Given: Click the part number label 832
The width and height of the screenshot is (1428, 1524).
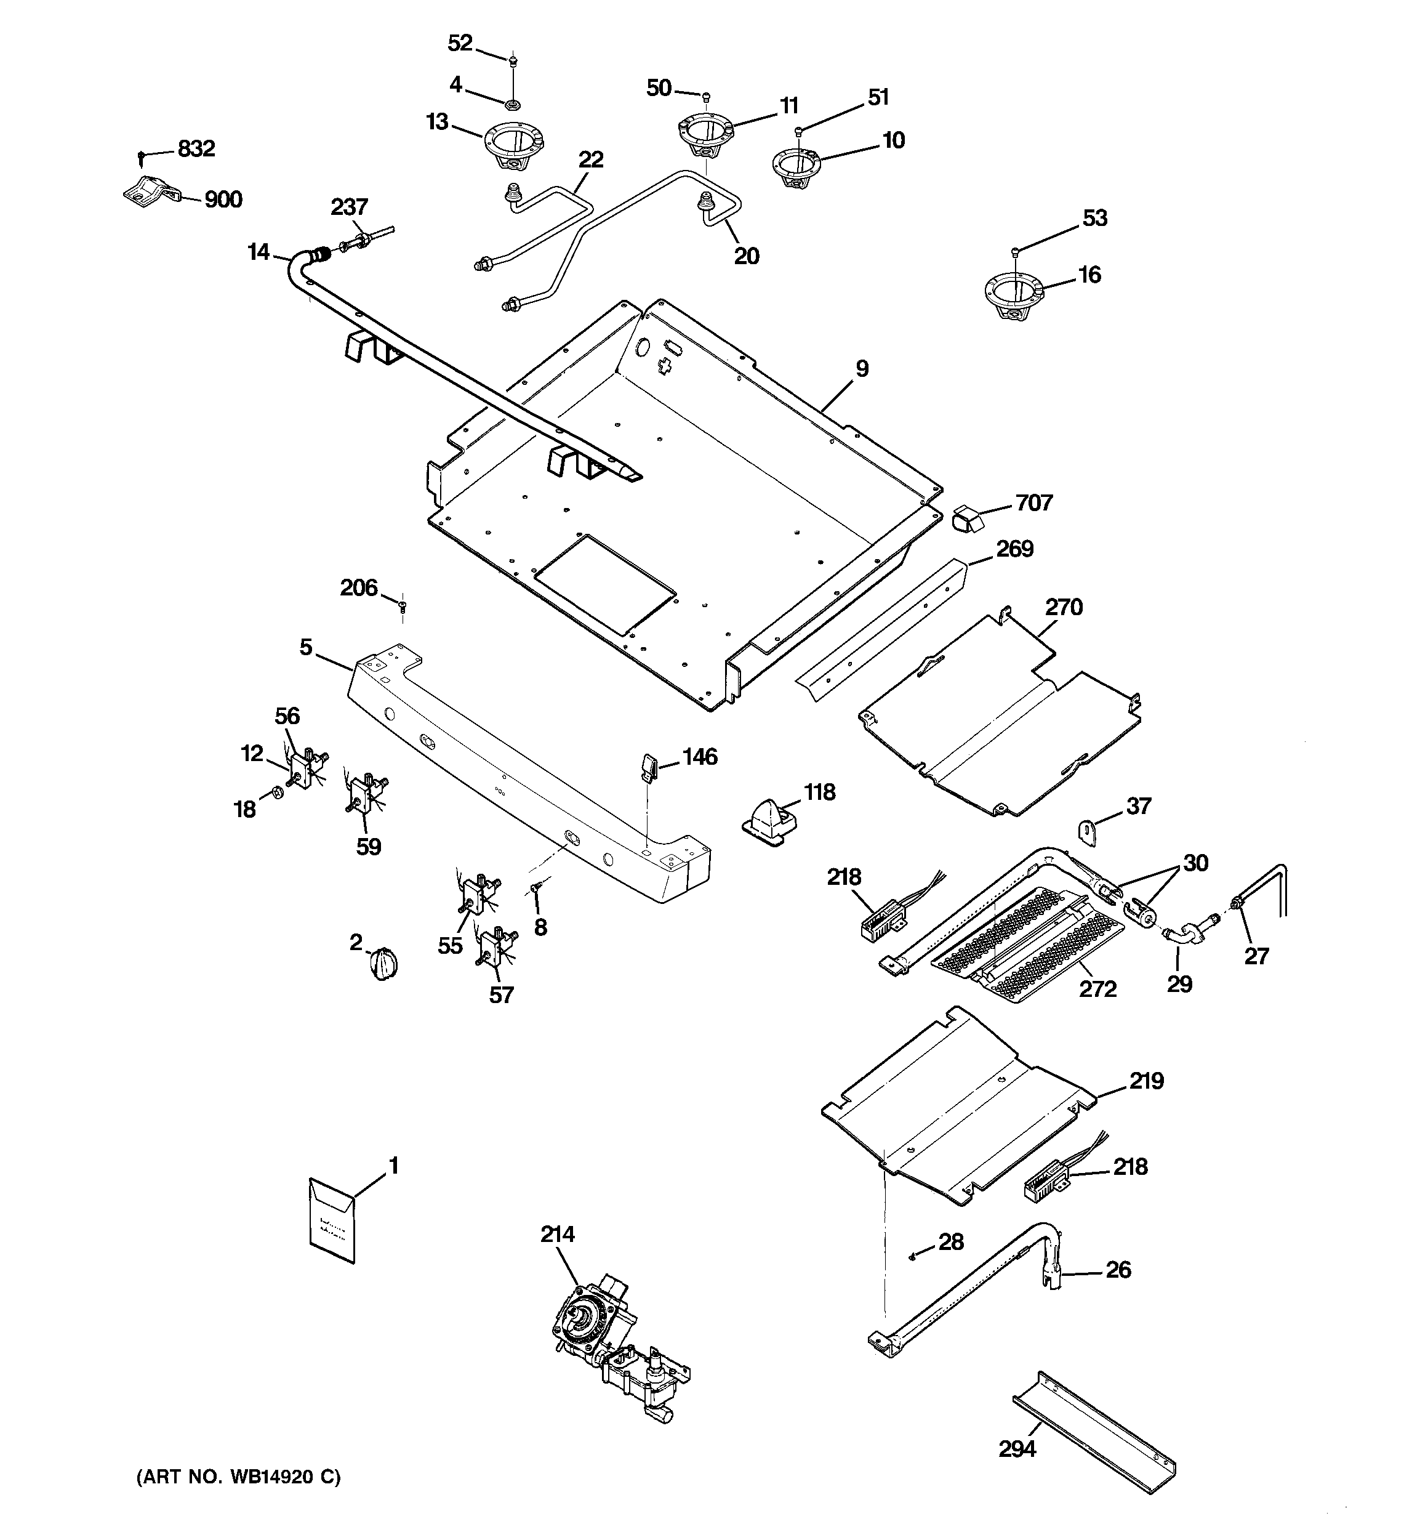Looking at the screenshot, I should click(196, 149).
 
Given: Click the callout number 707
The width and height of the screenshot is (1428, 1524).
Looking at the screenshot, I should click(1034, 503).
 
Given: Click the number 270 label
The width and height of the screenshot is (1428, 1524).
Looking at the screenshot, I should click(1064, 607).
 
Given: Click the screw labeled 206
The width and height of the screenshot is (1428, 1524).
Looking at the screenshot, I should click(403, 607).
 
